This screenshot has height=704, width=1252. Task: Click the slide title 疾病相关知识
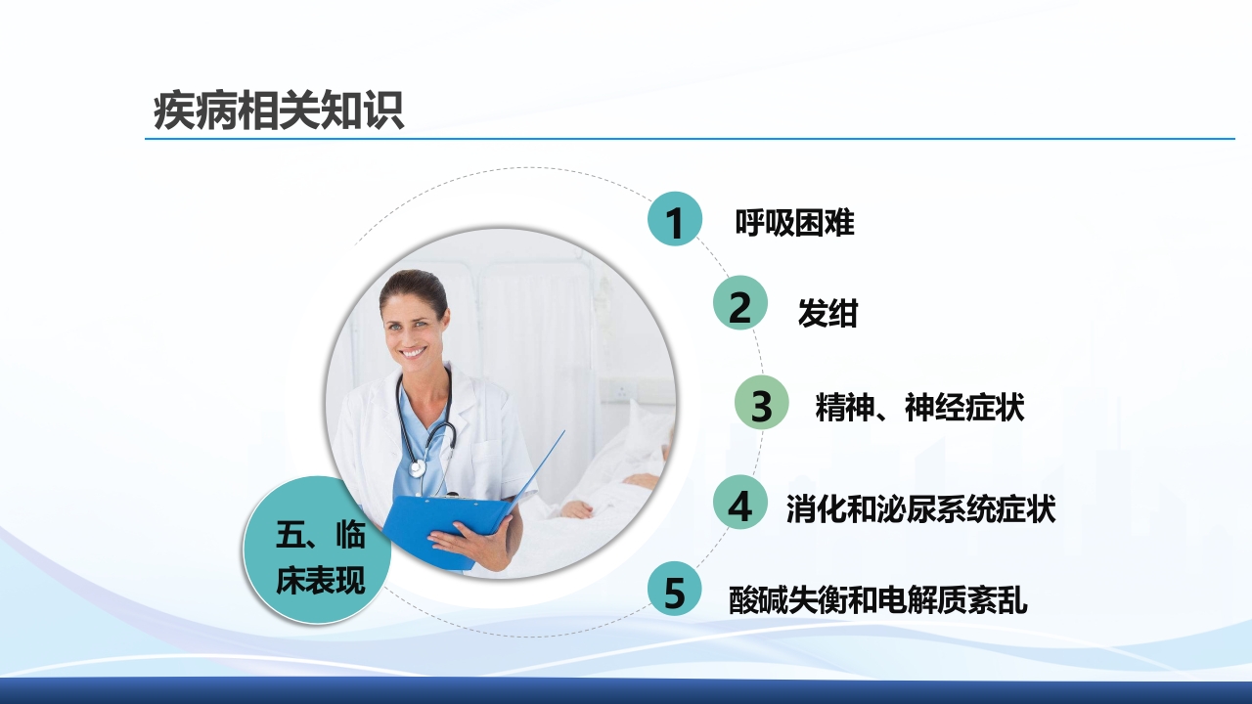[279, 111]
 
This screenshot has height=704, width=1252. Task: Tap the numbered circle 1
[675, 220]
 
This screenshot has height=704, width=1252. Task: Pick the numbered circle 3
[761, 404]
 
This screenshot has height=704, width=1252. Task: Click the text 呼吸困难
[794, 223]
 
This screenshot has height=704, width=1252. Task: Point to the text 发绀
[827, 313]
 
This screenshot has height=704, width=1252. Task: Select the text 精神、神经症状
[919, 407]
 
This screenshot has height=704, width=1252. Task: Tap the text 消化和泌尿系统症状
[920, 508]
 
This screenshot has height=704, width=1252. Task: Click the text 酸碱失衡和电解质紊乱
[878, 598]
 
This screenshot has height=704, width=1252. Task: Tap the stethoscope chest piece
[419, 467]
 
